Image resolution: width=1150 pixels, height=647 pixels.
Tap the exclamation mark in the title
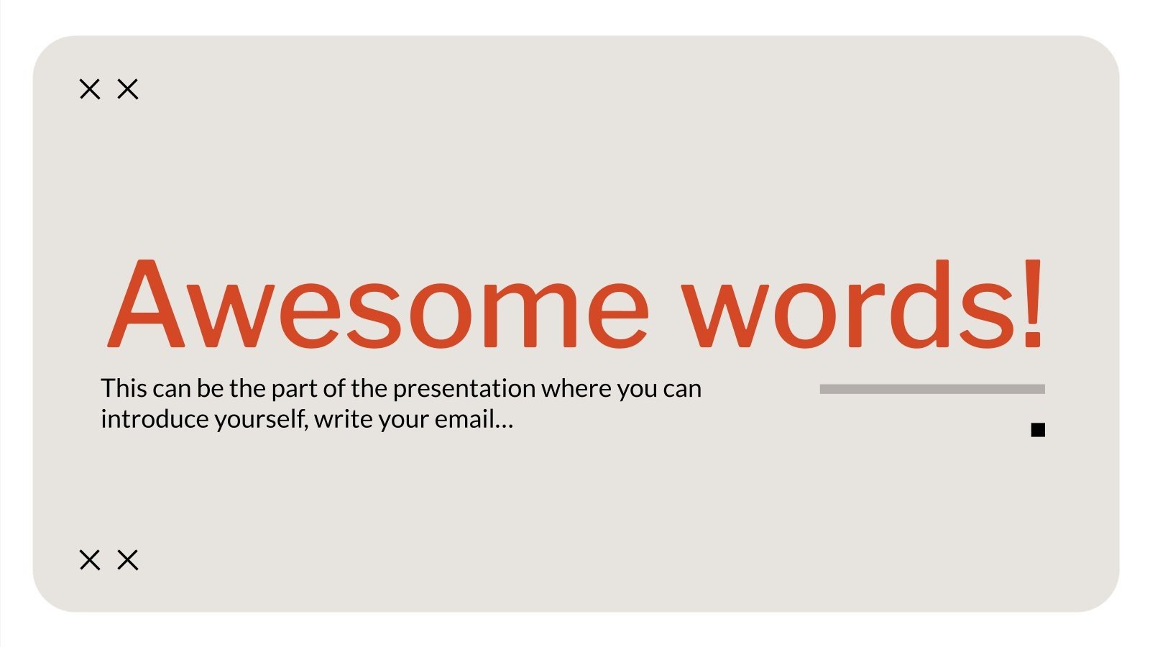point(1033,303)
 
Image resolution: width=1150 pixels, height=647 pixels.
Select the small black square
point(1037,430)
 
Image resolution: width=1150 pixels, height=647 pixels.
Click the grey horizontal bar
point(931,389)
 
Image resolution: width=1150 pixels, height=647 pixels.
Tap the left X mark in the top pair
point(90,89)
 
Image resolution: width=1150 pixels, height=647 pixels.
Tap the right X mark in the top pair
point(128,89)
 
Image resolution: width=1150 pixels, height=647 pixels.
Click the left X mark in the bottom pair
point(90,559)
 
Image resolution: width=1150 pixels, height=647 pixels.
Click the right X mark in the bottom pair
point(128,559)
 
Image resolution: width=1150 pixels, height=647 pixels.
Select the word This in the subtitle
point(124,388)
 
